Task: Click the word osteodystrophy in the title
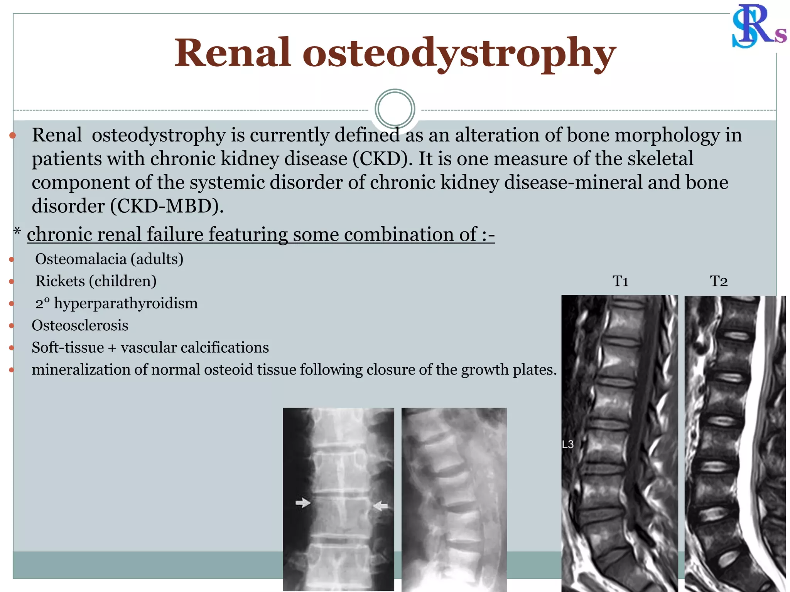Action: pos(459,54)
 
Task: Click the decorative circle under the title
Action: pos(395,109)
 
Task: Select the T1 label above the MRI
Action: pos(620,281)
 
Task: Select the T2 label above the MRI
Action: pos(719,281)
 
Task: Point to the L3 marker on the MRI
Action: pos(568,444)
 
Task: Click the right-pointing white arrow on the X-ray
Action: pos(303,503)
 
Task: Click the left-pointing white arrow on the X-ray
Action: pos(381,505)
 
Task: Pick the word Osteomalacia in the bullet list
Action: pos(80,259)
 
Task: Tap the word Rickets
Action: pos(60,281)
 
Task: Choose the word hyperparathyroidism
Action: pos(126,304)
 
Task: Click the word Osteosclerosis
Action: pos(80,326)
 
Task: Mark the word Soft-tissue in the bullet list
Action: pos(68,348)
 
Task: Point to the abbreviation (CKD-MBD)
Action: pos(167,206)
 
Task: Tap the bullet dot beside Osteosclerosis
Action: pos(12,326)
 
